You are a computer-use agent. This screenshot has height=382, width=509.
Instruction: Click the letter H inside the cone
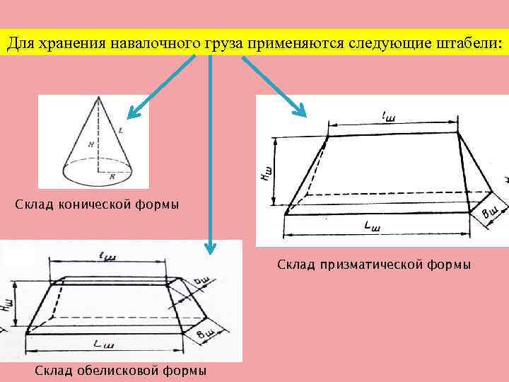[x=90, y=144]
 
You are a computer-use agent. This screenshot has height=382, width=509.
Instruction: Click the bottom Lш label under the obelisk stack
[x=105, y=344]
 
